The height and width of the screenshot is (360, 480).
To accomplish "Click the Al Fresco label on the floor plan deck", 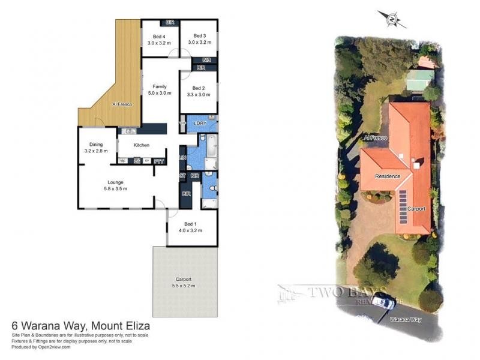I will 122,104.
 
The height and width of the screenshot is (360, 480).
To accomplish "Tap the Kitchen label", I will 141,145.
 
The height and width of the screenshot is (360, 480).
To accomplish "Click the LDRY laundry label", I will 200,123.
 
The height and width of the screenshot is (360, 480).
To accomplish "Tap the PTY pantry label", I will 158,161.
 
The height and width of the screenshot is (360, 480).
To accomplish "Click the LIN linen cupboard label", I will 183,158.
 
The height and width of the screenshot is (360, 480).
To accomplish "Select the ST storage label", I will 182,176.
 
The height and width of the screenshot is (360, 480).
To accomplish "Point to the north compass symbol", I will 392,19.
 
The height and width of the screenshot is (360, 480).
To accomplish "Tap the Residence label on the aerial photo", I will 387,176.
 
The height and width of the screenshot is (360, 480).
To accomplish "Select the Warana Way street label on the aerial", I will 404,320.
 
